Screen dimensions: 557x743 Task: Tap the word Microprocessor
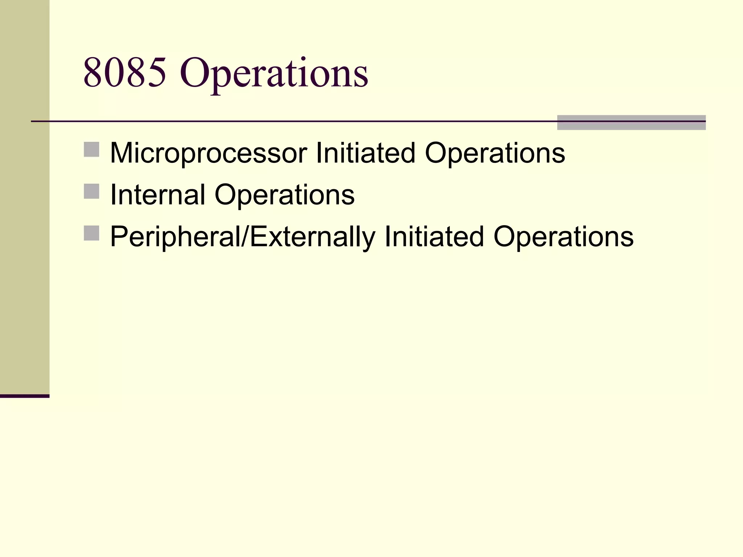(x=209, y=153)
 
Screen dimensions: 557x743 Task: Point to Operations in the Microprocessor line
(x=494, y=153)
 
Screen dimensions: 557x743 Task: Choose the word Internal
(x=158, y=195)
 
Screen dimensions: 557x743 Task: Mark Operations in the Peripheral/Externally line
(x=563, y=237)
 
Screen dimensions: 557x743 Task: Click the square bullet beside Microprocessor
(x=91, y=149)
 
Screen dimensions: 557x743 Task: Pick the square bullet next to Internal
(x=91, y=191)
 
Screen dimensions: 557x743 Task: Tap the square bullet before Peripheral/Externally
(x=91, y=233)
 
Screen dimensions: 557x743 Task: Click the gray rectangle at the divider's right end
(x=631, y=123)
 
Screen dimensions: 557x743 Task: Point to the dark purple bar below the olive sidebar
(x=25, y=396)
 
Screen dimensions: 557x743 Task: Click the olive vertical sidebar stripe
(x=25, y=196)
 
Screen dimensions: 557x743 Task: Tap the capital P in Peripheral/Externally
(x=118, y=236)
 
